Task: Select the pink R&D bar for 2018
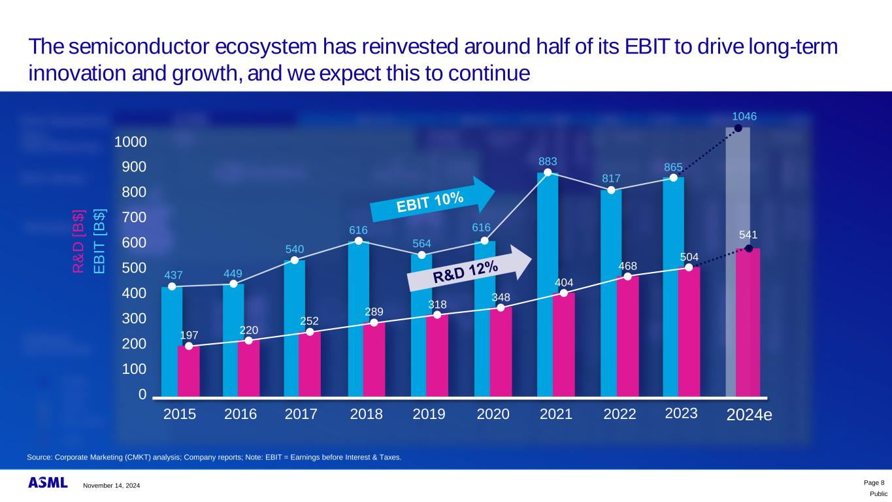pos(374,360)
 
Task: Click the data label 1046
pos(744,116)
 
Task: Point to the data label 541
pos(749,234)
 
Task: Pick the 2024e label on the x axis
pos(749,414)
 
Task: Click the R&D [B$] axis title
pos(79,242)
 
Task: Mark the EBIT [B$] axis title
pos(99,242)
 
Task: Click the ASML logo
pos(48,483)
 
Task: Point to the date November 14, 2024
pos(111,485)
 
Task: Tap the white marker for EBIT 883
pos(548,173)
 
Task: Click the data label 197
pos(189,335)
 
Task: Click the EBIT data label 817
pos(612,178)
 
